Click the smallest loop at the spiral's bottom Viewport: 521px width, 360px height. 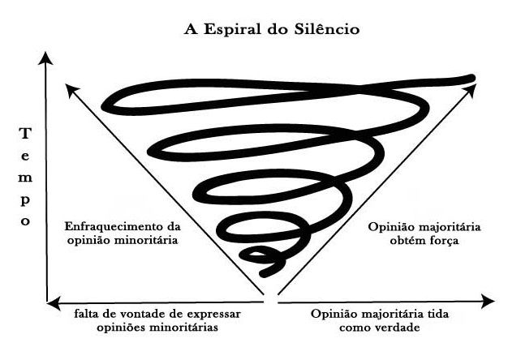pos(262,259)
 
